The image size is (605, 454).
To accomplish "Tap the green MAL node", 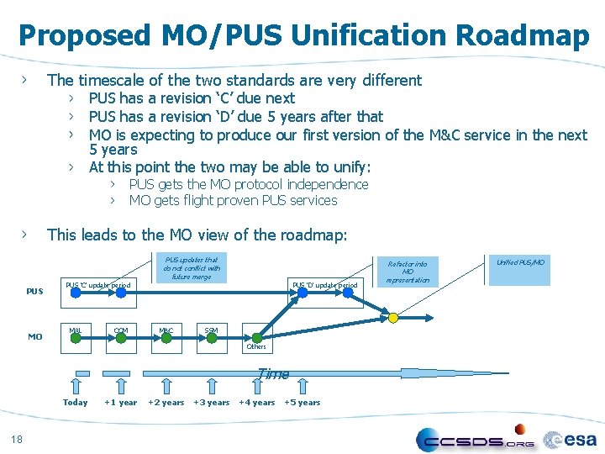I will point(76,338).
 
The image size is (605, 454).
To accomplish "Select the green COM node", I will point(121,338).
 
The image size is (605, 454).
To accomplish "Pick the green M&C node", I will point(166,338).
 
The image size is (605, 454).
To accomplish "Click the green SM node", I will point(212,338).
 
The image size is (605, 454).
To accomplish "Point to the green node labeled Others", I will point(256,337).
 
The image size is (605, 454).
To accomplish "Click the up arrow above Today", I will point(76,383).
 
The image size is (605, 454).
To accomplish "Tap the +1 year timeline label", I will point(121,403).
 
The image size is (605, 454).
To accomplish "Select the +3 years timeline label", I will point(212,403).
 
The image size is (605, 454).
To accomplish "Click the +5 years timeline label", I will point(302,403).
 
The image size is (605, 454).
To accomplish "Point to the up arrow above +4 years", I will point(256,383).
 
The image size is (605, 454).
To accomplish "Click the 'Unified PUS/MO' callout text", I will point(521,262).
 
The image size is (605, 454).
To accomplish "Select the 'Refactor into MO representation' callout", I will point(407,272).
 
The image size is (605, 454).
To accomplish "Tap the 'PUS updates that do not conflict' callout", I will point(191,268).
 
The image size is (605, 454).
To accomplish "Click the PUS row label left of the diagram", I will point(35,292).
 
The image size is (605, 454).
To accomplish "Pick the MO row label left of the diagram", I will point(35,337).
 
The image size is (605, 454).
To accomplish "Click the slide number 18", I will point(17,437).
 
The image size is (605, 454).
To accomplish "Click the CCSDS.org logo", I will point(476,440).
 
